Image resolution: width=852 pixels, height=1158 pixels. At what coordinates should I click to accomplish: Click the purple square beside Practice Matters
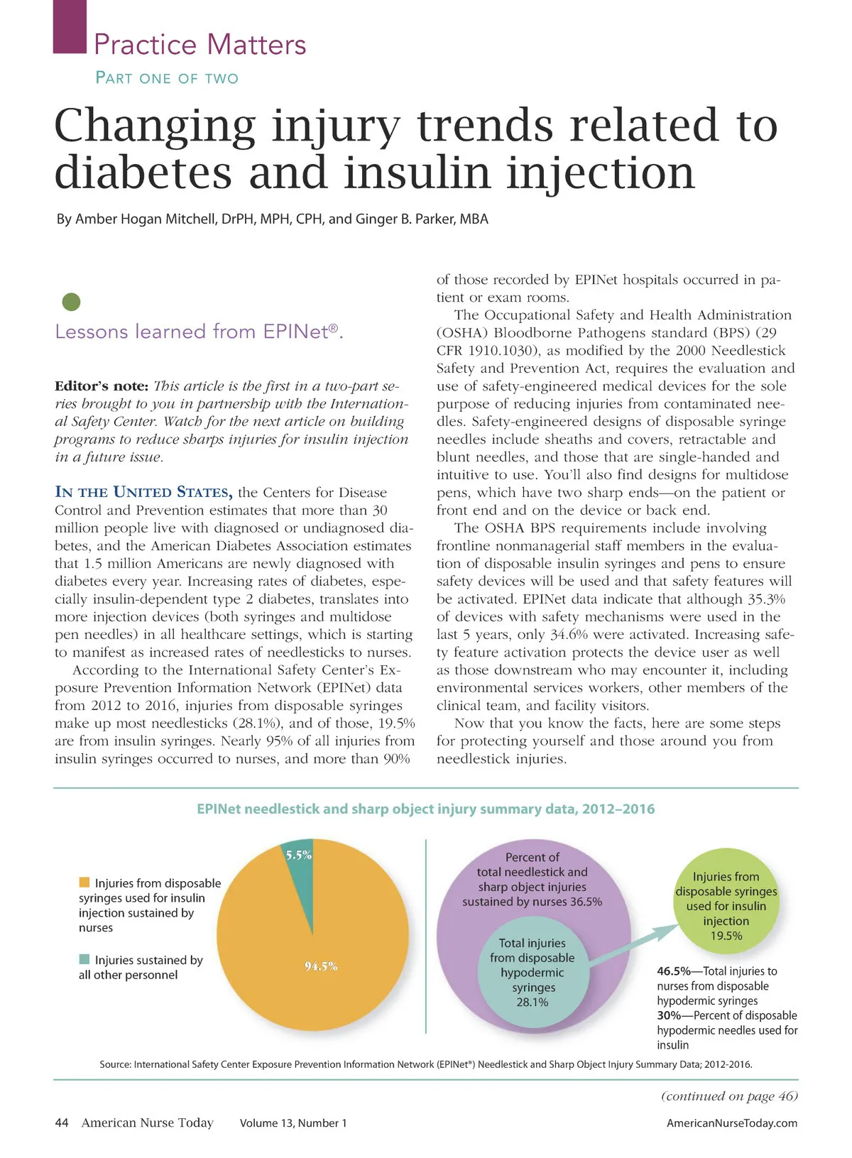click(70, 26)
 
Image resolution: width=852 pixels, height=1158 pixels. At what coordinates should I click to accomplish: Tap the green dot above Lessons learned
click(71, 302)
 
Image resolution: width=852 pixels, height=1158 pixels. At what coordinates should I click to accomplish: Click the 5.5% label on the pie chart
click(298, 855)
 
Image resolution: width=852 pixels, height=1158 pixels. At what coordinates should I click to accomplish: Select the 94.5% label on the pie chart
click(321, 966)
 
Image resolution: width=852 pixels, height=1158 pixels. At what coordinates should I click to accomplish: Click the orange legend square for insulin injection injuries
click(84, 883)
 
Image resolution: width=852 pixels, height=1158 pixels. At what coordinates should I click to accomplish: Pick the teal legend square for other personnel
click(84, 959)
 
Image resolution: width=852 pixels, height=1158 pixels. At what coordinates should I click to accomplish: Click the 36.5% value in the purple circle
click(586, 902)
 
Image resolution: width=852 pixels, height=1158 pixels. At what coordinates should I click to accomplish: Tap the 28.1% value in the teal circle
click(532, 1002)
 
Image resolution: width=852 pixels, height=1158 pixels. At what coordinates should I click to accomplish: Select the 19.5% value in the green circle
click(726, 936)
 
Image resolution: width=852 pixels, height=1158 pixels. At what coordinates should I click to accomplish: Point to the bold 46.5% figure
click(673, 971)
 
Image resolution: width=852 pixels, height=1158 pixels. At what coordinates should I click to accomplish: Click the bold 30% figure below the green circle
click(669, 1015)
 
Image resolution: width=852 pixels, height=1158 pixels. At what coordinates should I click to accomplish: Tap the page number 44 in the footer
click(62, 1123)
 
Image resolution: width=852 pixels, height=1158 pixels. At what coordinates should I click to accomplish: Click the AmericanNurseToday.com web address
click(731, 1123)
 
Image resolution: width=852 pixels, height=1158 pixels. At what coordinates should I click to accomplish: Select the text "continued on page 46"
click(729, 1096)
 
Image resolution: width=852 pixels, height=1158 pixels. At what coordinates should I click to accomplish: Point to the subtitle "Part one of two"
click(167, 78)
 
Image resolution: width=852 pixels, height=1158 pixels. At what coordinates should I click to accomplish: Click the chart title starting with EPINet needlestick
click(425, 809)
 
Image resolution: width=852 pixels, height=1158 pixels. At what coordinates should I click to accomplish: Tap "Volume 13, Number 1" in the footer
click(293, 1123)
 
